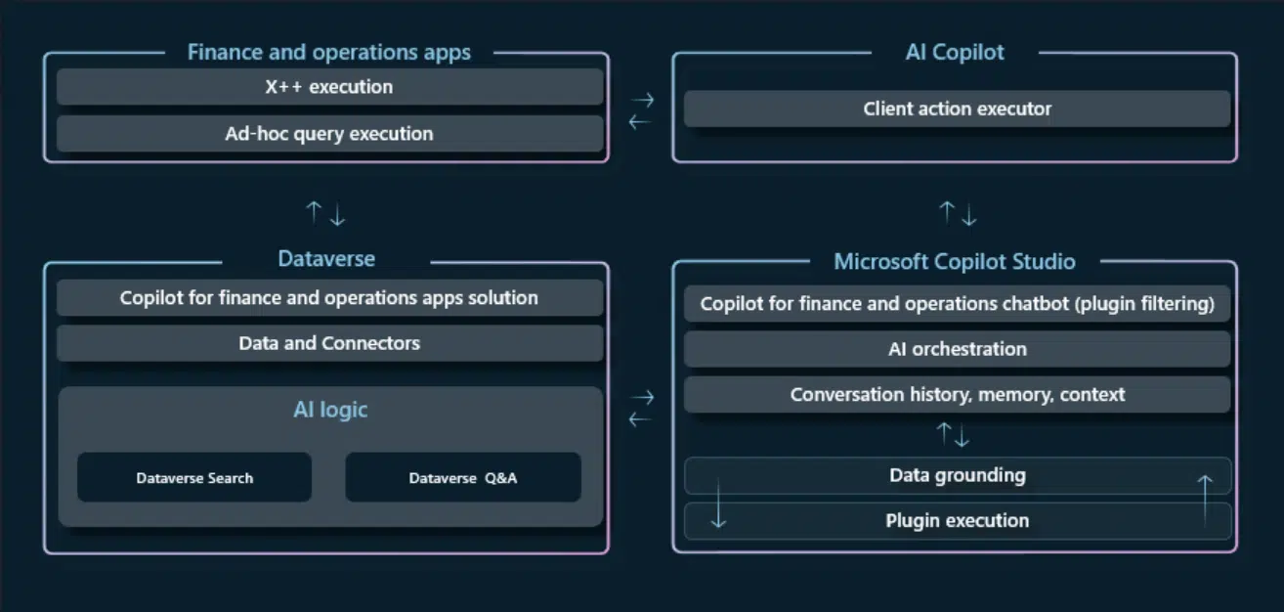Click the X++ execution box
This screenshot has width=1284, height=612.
[x=329, y=87]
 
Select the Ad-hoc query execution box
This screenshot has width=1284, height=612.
[x=329, y=134]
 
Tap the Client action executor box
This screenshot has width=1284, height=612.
[x=957, y=109]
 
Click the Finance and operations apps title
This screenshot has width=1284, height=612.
[x=329, y=53]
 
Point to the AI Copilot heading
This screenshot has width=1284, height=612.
[x=955, y=53]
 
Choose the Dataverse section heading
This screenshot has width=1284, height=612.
[x=326, y=259]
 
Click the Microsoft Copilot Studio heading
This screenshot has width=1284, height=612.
[x=955, y=262]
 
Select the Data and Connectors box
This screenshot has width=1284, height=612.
[x=329, y=343]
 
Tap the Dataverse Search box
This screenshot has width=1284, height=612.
[x=194, y=478]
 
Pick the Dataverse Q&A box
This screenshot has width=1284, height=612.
[x=463, y=478]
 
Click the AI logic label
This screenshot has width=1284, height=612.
[x=330, y=410]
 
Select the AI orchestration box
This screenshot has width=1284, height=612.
[x=957, y=349]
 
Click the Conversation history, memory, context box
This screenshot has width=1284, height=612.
[x=957, y=395]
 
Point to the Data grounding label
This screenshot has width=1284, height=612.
[x=957, y=476]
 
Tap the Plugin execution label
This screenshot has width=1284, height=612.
[x=957, y=521]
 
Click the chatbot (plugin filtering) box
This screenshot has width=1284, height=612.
[x=957, y=304]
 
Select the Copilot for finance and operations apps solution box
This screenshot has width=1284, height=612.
[x=329, y=297]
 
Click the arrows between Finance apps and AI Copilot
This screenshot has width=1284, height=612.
[x=641, y=110]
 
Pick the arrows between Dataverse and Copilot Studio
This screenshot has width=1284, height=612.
[x=641, y=408]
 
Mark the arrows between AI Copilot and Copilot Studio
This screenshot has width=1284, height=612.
[x=958, y=213]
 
